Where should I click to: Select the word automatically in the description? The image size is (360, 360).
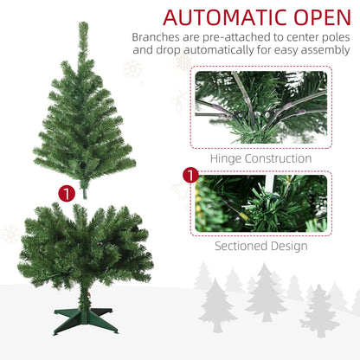click(219, 50)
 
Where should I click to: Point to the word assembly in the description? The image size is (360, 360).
click(325, 50)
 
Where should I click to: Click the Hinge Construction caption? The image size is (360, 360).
click(260, 158)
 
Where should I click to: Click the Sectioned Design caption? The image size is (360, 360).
click(261, 246)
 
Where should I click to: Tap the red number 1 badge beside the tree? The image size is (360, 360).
click(67, 194)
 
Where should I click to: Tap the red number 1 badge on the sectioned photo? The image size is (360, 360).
click(190, 175)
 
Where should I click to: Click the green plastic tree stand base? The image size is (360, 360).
click(86, 321)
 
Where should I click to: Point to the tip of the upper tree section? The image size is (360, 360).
click(83, 22)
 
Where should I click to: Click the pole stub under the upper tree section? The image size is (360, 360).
click(85, 193)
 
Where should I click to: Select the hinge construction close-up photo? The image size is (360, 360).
click(261, 107)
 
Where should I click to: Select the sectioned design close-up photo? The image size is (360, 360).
click(261, 203)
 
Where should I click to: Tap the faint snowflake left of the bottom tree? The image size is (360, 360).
click(10, 235)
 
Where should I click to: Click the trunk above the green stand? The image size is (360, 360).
click(84, 297)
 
